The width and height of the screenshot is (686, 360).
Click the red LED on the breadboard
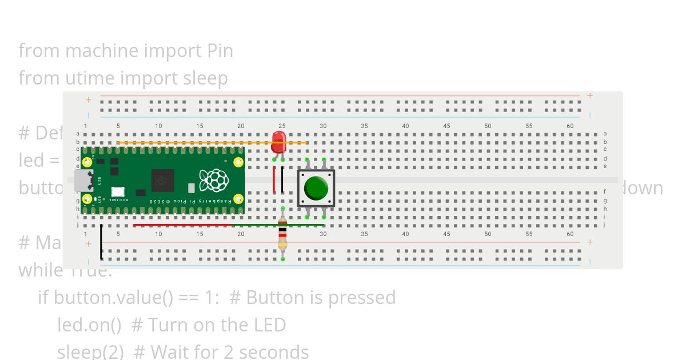(278, 141)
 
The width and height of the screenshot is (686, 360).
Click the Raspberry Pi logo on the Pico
(214, 180)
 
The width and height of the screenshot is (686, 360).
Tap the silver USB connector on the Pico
(83, 181)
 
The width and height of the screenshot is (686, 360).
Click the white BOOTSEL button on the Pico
(118, 193)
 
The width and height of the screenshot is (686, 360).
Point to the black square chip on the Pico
(162, 181)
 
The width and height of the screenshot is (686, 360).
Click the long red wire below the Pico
(183, 225)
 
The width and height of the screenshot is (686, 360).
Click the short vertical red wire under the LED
(274, 179)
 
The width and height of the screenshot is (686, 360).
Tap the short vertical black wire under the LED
(282, 179)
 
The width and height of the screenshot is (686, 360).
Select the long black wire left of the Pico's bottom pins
(101, 242)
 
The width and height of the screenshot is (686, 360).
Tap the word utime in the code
(87, 78)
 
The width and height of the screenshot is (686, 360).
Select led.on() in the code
(89, 325)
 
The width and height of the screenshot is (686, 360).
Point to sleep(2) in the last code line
(90, 351)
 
